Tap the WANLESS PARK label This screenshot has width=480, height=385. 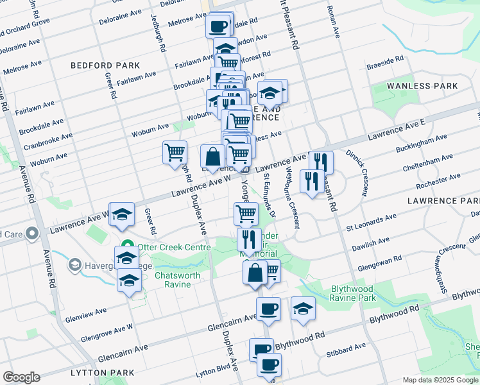422,86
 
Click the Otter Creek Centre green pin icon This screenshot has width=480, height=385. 128,247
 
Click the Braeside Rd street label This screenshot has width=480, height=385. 385,63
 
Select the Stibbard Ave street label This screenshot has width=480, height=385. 345,350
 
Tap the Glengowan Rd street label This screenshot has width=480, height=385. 380,261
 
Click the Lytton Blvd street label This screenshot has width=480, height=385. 214,371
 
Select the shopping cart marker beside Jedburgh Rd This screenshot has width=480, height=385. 175,153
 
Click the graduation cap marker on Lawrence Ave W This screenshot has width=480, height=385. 122,215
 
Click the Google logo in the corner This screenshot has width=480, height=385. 21,377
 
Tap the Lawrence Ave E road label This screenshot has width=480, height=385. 397,130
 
